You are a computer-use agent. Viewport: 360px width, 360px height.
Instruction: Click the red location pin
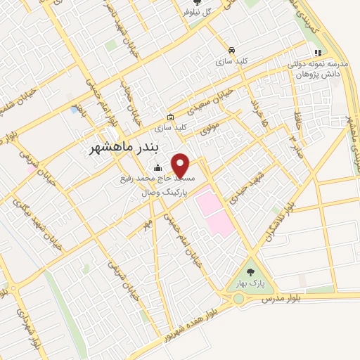(x=181, y=165)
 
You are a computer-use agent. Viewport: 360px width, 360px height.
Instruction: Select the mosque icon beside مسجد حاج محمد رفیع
(x=157, y=167)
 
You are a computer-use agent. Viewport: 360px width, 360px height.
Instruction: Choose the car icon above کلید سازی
(x=231, y=50)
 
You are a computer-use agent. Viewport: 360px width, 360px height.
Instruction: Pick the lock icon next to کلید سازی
(x=169, y=117)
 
